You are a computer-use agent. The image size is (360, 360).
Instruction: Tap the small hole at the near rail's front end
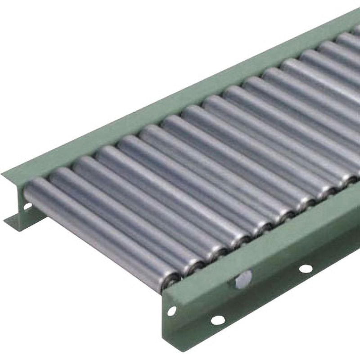pos(172,310)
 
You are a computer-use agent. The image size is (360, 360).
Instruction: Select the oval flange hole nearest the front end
pos(218,320)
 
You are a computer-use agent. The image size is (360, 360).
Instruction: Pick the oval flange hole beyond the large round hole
pos(306,269)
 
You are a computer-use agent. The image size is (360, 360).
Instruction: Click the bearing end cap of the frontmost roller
pos(170,279)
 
